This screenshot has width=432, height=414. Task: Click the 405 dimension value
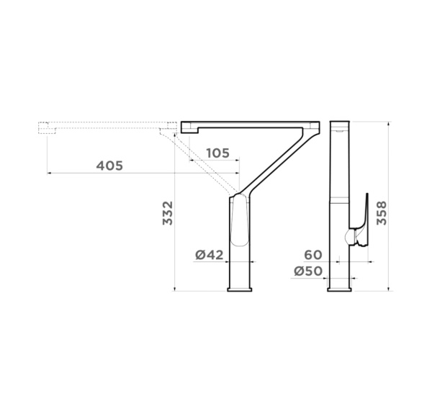click(109, 166)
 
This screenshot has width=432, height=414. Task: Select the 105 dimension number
click(217, 153)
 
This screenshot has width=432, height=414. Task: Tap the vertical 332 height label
click(168, 213)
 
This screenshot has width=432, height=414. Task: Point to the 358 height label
click(382, 213)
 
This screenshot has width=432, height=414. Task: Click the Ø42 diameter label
click(210, 255)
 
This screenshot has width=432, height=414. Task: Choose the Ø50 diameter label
click(308, 271)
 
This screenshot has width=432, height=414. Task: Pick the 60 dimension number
click(313, 255)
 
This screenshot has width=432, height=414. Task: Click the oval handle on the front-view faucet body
click(240, 220)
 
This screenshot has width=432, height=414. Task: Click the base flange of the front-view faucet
click(240, 289)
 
